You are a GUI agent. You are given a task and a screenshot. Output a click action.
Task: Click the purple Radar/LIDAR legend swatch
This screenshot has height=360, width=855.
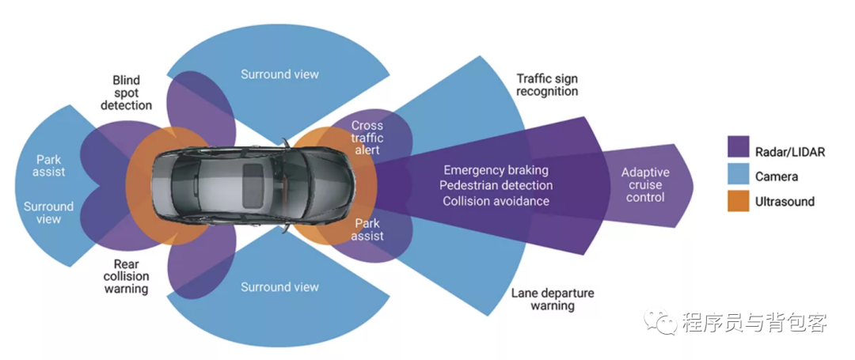(739, 147)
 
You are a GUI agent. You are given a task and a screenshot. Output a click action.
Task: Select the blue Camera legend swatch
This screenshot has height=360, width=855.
(739, 175)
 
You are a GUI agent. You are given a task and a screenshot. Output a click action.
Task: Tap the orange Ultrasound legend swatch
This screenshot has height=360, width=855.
(739, 201)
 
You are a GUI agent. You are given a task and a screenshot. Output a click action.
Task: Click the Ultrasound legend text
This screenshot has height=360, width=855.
(785, 202)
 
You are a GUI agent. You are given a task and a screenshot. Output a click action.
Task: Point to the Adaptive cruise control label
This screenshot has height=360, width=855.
(645, 184)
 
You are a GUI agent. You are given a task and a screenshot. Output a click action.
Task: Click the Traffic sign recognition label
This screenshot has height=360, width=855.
(547, 85)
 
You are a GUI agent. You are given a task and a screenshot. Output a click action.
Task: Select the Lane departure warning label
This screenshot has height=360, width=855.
(552, 299)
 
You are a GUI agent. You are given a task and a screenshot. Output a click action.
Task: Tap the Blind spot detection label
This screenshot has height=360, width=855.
(127, 93)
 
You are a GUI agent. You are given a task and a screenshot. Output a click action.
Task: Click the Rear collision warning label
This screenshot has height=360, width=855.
(126, 276)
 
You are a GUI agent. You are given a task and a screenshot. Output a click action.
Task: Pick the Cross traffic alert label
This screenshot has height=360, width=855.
(367, 138)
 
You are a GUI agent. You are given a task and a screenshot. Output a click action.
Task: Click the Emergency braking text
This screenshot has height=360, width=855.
(496, 170)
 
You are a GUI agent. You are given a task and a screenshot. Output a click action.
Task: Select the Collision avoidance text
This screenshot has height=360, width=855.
(496, 201)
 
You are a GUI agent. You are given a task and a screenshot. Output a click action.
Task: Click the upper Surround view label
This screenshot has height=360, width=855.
(279, 74)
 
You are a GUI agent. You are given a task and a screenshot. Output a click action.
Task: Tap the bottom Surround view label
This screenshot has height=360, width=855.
(279, 287)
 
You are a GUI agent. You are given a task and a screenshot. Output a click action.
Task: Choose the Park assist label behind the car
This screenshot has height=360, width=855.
(49, 165)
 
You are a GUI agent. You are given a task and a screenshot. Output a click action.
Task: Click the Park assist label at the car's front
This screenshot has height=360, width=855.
(368, 229)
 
